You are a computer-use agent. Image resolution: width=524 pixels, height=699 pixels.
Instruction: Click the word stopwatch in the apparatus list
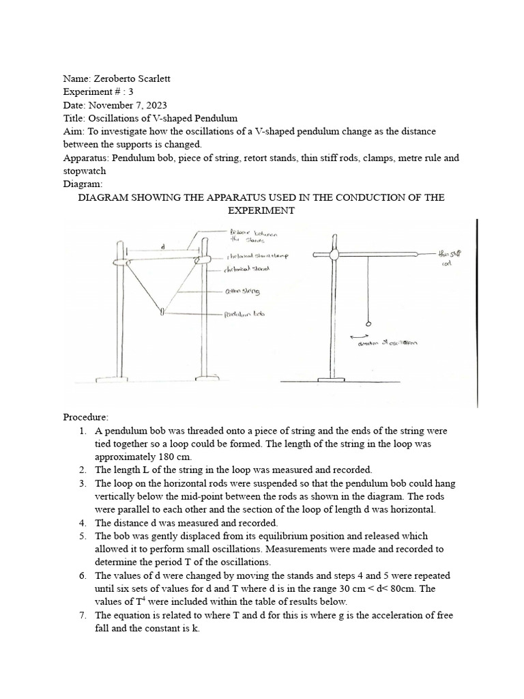coord(86,171)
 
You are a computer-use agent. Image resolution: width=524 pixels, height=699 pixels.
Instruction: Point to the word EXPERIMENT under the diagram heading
coord(261,210)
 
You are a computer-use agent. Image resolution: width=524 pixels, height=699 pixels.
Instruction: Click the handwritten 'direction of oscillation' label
coord(388,344)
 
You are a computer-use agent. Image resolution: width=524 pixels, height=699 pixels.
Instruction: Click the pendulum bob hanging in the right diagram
coord(368,324)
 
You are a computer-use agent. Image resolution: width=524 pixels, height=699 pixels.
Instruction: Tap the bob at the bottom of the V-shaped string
coord(162,313)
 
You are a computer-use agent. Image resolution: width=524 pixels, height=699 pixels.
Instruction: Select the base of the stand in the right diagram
coord(334,379)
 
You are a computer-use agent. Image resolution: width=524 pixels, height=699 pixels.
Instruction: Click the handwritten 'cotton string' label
coord(242,291)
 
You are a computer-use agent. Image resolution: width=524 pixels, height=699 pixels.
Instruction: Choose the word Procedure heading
coord(86,416)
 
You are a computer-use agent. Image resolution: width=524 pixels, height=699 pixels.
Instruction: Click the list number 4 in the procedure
coord(82,522)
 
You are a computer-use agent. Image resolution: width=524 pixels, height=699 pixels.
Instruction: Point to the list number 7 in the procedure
coord(82,615)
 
